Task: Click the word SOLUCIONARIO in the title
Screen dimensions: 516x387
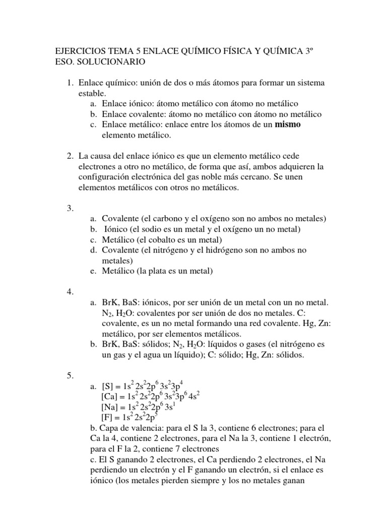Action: (112, 62)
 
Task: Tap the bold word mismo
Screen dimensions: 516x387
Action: (287, 124)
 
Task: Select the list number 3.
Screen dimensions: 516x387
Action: (70, 208)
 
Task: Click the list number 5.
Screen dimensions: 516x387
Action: (70, 375)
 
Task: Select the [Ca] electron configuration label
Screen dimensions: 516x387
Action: (111, 397)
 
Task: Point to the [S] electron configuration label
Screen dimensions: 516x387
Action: (109, 386)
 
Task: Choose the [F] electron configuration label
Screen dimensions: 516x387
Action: (108, 418)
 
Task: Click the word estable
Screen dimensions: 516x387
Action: (91, 93)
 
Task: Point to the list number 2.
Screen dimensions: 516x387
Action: (70, 156)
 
